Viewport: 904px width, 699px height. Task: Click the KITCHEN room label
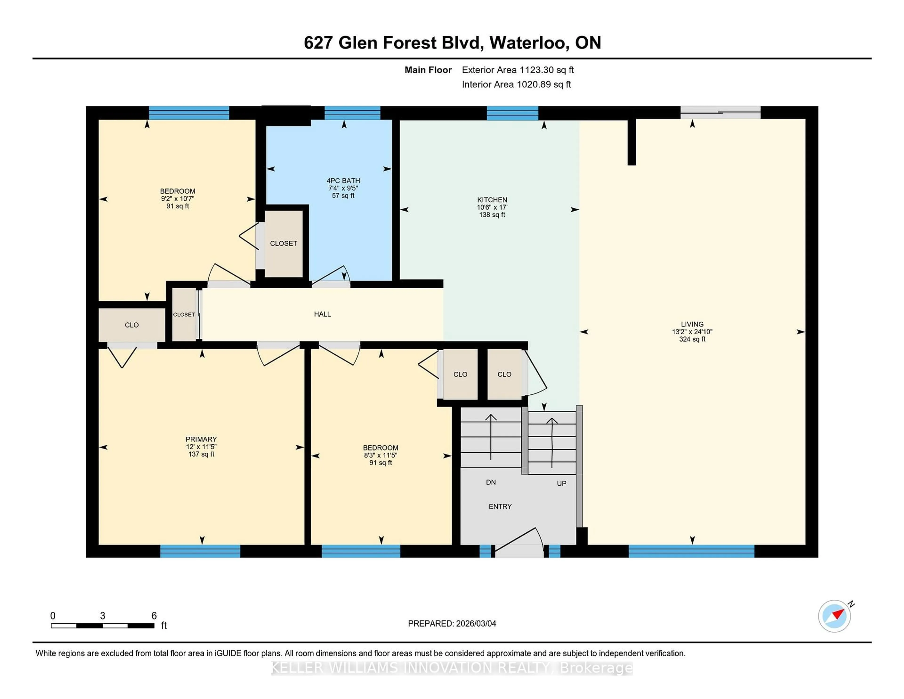(492, 199)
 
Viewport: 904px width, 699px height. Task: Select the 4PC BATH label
(343, 181)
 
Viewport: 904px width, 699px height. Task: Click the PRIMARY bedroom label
(201, 439)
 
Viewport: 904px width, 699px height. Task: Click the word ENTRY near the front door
(500, 506)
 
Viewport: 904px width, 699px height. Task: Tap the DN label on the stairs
(491, 482)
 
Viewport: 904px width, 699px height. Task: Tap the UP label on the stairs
(561, 483)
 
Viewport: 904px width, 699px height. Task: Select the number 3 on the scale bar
(103, 616)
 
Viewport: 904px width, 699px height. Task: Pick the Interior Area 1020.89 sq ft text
(516, 85)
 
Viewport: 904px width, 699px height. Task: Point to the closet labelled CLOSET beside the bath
(283, 244)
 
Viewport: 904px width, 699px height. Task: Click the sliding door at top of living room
(720, 112)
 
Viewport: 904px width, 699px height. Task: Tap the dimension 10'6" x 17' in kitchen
(492, 207)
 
